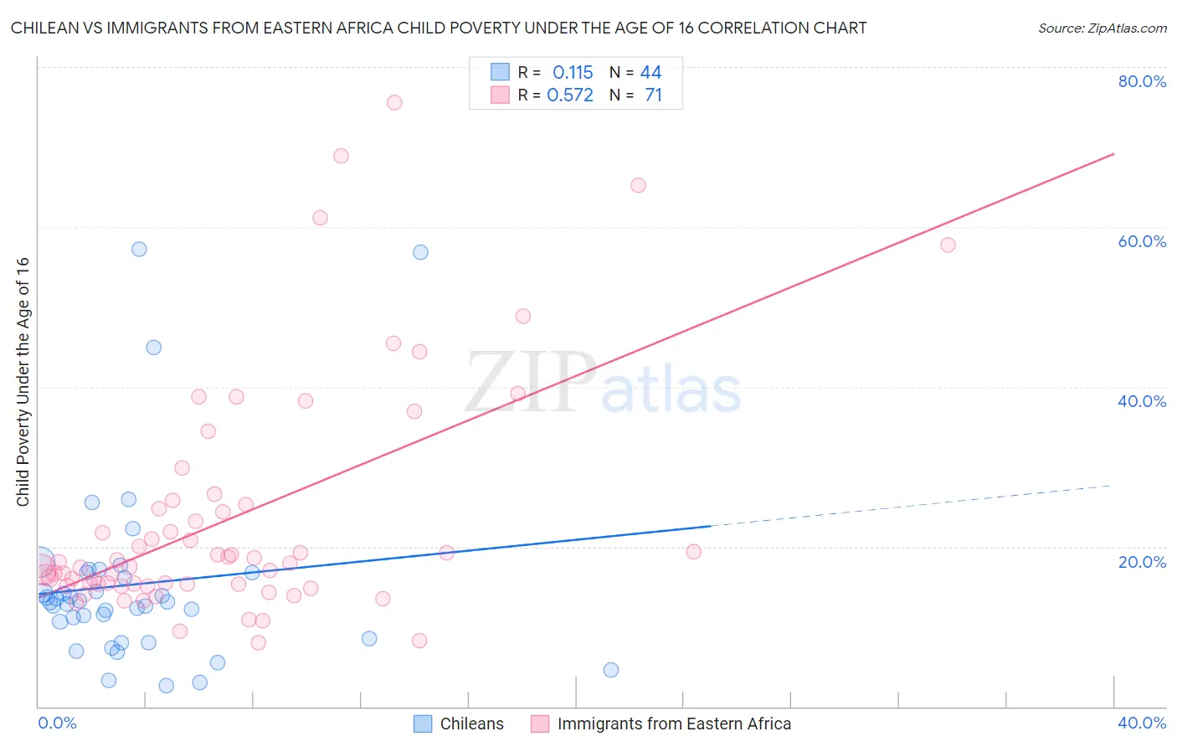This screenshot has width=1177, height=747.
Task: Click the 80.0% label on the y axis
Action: [x=1142, y=81]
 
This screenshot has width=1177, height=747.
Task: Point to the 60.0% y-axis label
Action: [x=1142, y=241]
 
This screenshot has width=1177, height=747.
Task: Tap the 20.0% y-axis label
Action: [x=1142, y=562]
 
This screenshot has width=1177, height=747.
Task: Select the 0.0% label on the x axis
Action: [x=57, y=723]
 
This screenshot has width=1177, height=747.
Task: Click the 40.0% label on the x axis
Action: [x=1142, y=723]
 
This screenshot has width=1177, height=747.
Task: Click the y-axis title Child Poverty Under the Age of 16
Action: [x=23, y=381]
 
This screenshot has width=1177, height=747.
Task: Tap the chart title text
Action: [x=439, y=28]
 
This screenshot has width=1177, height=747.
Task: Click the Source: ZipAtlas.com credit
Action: [x=1102, y=28]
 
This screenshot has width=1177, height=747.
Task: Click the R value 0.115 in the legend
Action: [x=573, y=73]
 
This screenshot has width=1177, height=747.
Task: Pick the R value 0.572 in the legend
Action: [x=570, y=95]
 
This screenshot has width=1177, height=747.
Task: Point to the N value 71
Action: [x=653, y=95]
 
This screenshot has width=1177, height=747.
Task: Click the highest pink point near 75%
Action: [x=394, y=102]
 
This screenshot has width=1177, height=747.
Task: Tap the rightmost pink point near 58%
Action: [x=948, y=245]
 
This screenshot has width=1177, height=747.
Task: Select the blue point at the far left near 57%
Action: [x=139, y=249]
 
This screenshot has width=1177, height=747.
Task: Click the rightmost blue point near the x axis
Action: [x=611, y=670]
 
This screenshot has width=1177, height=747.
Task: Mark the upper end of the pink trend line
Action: [x=1113, y=154]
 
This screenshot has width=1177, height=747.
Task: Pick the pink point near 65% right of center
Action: [x=638, y=185]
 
